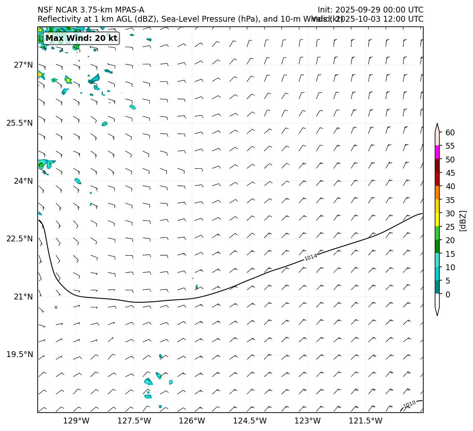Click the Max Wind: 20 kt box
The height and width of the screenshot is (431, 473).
pos(81,38)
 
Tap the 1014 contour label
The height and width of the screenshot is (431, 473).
pos(311,257)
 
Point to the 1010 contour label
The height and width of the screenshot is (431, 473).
pos(409,404)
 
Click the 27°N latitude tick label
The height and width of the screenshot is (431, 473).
pos(23,65)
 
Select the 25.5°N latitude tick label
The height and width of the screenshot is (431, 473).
pos(20,123)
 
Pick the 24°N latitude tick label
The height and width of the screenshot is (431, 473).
pos(23,181)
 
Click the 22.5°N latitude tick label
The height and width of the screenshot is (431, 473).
pos(20,239)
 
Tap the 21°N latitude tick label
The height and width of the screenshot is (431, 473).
pos(23,297)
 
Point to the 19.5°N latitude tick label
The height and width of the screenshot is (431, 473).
pos(20,355)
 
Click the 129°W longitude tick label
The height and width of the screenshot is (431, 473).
pos(76,421)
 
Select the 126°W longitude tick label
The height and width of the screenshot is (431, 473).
pos(192,421)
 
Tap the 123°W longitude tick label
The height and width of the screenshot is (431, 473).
pos(308,421)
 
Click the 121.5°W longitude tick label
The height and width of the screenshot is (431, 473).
pos(365,421)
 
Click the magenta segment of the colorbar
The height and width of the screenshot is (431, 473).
pos(437,152)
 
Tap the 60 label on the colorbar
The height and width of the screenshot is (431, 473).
pos(450,132)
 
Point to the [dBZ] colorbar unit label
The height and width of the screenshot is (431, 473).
pos(463,220)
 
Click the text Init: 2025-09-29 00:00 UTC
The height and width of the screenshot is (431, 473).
pos(370,10)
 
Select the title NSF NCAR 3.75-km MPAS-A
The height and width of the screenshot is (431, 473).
pos(91,10)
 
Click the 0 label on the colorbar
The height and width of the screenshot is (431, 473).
pos(448,294)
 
